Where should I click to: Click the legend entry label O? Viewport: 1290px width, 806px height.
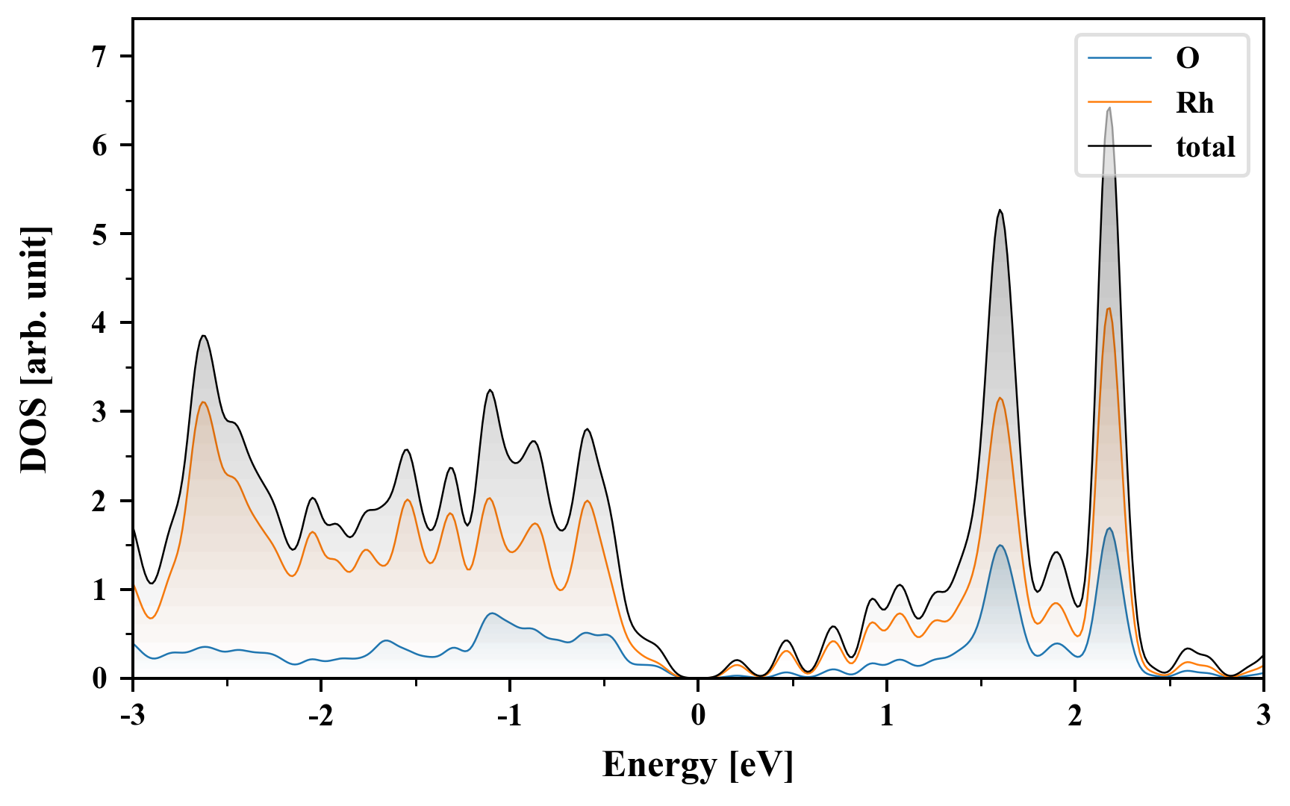tap(1187, 58)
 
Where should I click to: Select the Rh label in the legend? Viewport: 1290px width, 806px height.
tap(1194, 103)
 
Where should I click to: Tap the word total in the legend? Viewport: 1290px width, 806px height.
tap(1205, 147)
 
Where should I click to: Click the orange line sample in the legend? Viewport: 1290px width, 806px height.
tap(1120, 102)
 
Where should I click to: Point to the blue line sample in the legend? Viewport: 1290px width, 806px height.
tap(1120, 57)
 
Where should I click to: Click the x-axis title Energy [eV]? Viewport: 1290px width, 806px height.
tap(697, 765)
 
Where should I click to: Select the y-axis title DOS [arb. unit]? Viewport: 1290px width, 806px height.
tap(34, 349)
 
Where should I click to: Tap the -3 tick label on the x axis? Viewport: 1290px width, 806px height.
tap(132, 716)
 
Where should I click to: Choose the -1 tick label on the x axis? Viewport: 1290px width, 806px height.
tap(509, 716)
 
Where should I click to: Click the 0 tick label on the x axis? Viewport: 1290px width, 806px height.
tap(698, 716)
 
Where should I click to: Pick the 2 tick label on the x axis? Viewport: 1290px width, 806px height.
tap(1075, 716)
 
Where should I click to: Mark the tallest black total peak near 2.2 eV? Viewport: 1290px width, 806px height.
tap(1109, 108)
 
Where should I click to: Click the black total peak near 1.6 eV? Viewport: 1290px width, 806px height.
tap(1000, 210)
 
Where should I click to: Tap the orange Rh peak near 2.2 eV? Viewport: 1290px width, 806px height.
tap(1109, 308)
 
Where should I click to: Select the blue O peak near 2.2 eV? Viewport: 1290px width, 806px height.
tap(1109, 528)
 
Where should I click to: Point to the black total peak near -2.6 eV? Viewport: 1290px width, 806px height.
tap(203, 336)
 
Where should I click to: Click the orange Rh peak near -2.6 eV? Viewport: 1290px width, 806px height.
tap(203, 402)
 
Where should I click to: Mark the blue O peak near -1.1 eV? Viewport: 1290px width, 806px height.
tap(490, 613)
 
